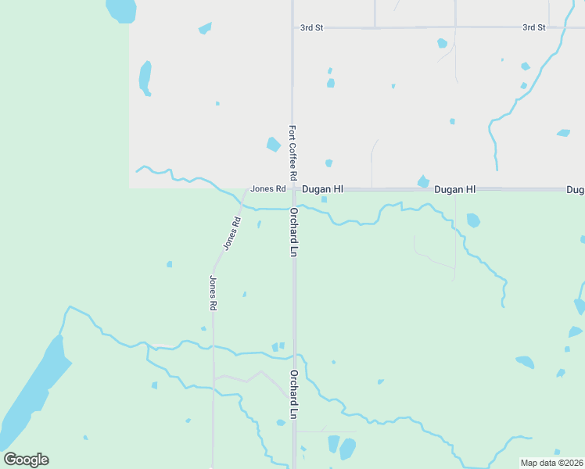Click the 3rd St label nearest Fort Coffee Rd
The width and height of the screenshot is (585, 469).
pos(311,27)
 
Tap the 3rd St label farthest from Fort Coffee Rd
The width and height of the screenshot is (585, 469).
pos(534,27)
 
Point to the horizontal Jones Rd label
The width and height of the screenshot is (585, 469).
pos(267,188)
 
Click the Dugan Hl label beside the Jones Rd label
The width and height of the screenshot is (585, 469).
pos(323,189)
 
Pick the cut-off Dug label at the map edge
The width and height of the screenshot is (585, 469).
pos(576,190)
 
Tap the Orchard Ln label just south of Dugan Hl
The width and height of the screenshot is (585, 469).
pos(294,232)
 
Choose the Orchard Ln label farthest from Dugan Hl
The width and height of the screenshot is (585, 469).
pos(294,395)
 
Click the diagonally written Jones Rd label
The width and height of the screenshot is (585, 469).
pos(231,233)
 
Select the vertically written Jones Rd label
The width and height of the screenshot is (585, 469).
pos(213,293)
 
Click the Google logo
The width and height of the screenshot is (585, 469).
pos(26,460)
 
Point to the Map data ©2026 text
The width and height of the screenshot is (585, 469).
pos(551,463)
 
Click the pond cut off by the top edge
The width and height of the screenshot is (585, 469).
pos(121,9)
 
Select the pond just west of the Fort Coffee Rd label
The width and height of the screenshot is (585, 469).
pos(273,144)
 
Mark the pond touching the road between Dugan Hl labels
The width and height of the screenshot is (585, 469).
pos(423,182)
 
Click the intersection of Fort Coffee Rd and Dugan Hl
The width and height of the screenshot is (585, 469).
pos(293,189)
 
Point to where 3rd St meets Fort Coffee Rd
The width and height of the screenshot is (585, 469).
pos(292,27)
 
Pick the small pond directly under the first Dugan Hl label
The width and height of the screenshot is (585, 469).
pos(324,199)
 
